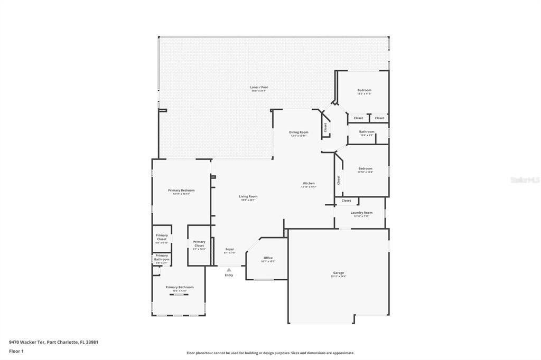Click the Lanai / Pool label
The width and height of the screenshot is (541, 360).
point(259,87)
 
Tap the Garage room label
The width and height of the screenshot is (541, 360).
point(338,273)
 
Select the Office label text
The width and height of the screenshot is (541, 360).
point(268,258)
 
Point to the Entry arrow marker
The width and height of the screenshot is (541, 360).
point(229,270)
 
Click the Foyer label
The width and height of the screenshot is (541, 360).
point(229,249)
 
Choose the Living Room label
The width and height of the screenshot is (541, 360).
point(248,196)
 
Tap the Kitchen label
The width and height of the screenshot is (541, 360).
point(309,183)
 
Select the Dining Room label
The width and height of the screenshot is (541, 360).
point(299,132)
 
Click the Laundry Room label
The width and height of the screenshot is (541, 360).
point(361,213)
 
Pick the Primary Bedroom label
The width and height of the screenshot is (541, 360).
point(181,190)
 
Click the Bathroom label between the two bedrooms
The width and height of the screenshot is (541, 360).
point(367,131)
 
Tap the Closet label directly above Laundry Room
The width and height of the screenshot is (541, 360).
point(346,201)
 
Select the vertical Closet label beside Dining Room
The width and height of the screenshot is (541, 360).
point(325,127)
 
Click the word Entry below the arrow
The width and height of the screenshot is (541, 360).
point(229,275)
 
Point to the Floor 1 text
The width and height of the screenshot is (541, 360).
point(16,350)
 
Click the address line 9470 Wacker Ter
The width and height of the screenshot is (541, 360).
point(53,342)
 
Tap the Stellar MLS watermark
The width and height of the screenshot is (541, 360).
point(525,179)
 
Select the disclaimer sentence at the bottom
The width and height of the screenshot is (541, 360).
point(270,353)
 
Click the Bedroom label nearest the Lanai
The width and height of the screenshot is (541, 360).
point(364,90)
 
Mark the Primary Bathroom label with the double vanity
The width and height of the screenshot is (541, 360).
point(180,287)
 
